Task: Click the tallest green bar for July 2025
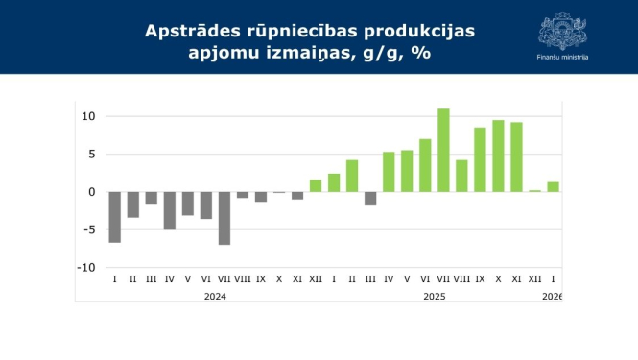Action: (443, 150)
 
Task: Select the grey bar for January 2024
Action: (114, 217)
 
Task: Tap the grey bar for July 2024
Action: (224, 218)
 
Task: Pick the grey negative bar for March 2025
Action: (370, 199)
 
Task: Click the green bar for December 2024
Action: (316, 185)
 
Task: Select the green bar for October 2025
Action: (498, 156)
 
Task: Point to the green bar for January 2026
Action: (553, 187)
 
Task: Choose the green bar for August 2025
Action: (461, 176)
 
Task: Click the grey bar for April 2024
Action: (169, 210)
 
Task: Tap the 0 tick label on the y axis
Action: (92, 192)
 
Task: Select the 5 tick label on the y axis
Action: (92, 155)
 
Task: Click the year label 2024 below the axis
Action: (215, 297)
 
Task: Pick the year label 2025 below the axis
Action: (434, 297)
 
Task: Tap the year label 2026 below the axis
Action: (552, 297)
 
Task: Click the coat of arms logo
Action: (563, 31)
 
